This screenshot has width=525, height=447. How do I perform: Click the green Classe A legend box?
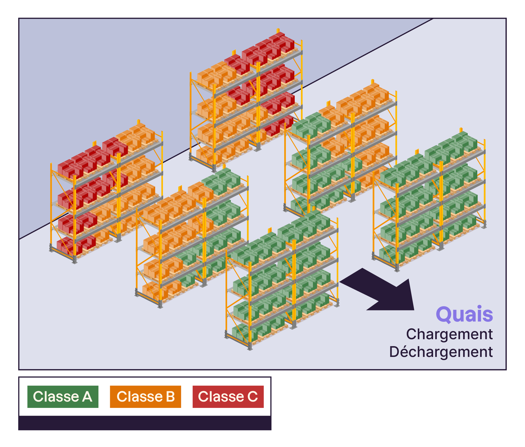point(63,397)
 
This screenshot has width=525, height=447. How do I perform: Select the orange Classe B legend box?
point(145,397)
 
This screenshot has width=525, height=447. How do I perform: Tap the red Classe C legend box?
point(228,397)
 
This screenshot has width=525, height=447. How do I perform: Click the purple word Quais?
point(464,314)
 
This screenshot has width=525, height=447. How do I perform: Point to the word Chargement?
point(449,334)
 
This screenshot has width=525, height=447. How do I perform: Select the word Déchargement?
point(441,352)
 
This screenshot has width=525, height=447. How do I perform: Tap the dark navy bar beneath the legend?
point(145,423)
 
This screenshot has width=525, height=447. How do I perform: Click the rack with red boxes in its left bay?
point(106,193)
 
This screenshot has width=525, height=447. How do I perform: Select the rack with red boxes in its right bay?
point(246,100)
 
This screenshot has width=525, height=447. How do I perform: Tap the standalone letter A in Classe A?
point(87,397)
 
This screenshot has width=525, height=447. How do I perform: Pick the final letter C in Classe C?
point(253,397)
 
